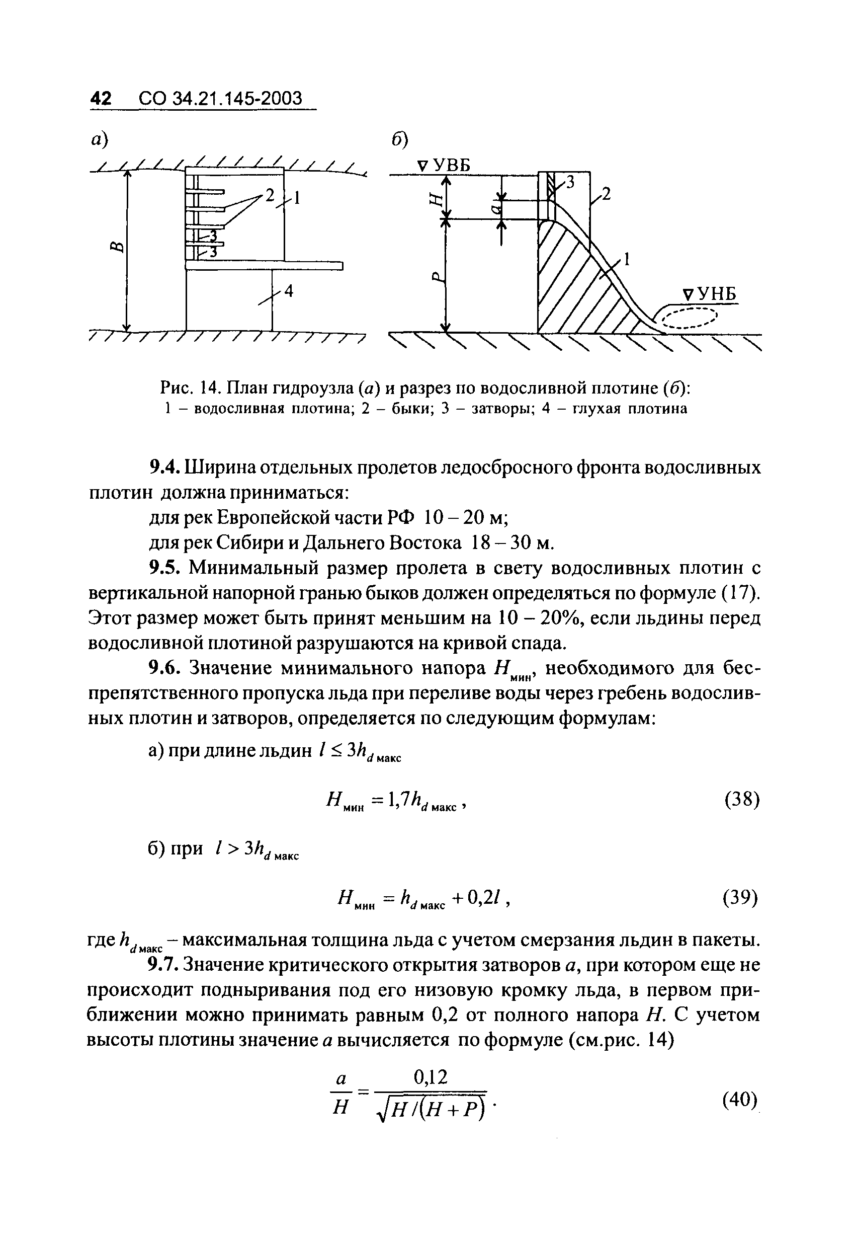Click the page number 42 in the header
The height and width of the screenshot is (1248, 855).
[101, 98]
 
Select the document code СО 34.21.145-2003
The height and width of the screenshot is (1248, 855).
[221, 98]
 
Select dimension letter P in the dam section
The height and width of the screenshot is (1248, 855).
[437, 277]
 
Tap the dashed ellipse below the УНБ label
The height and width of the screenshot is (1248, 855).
[690, 320]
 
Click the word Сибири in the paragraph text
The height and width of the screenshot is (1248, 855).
[259, 543]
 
